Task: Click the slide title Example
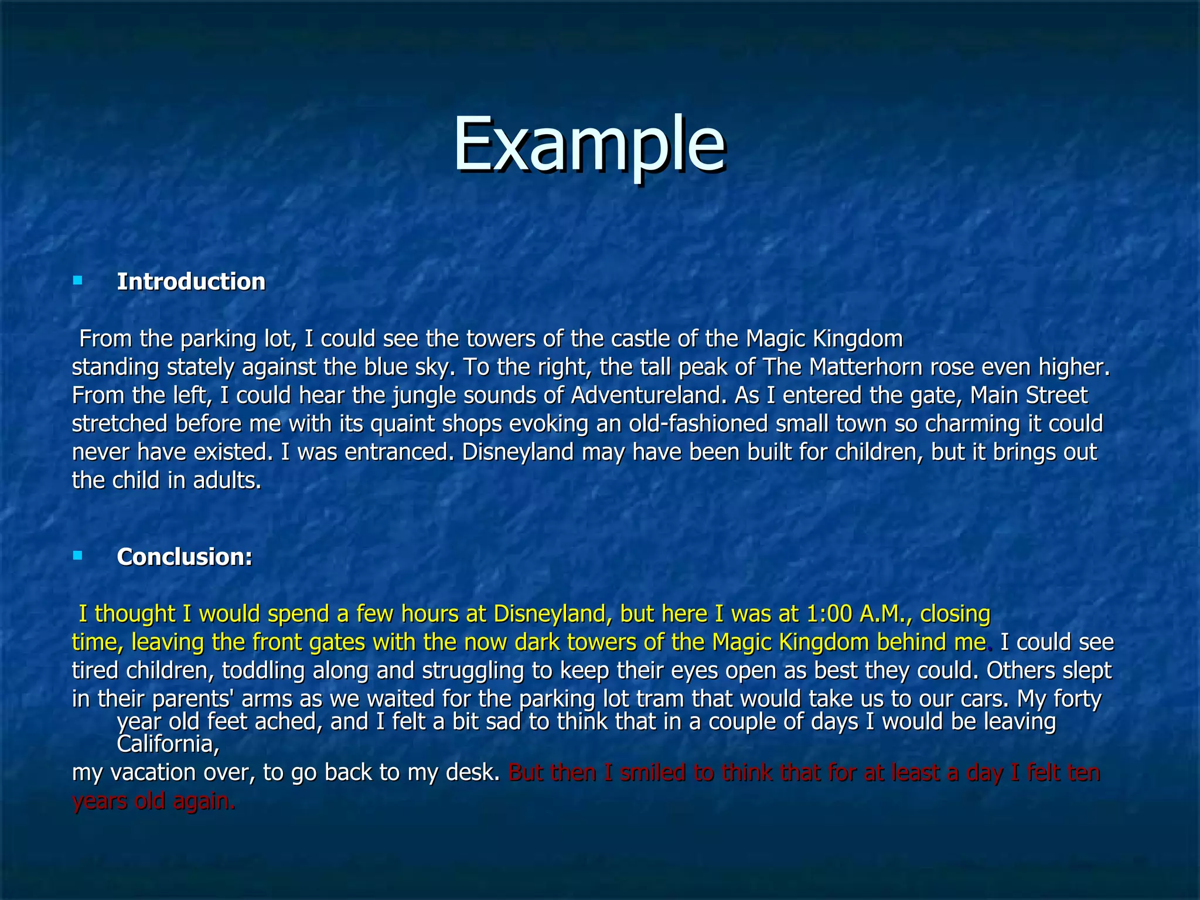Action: pyautogui.click(x=589, y=145)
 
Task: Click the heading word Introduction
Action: pyautogui.click(x=191, y=282)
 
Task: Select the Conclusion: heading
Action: pyautogui.click(x=185, y=557)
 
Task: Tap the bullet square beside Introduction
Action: pyautogui.click(x=77, y=281)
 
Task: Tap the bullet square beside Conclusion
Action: pyautogui.click(x=77, y=555)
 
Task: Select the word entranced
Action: pyautogui.click(x=399, y=452)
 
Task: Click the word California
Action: pyautogui.click(x=165, y=745)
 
